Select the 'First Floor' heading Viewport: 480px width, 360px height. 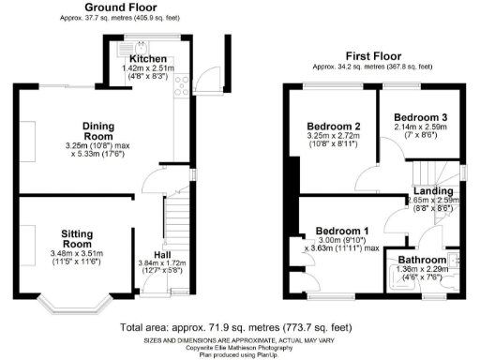(x=373, y=55)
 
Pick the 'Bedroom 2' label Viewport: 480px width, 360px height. (x=332, y=127)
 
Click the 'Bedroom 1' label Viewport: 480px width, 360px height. (x=341, y=231)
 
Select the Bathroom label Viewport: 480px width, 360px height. (x=423, y=260)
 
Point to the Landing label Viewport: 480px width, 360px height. (x=432, y=191)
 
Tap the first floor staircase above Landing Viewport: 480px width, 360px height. (x=432, y=171)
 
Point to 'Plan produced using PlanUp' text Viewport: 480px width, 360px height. (x=240, y=354)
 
